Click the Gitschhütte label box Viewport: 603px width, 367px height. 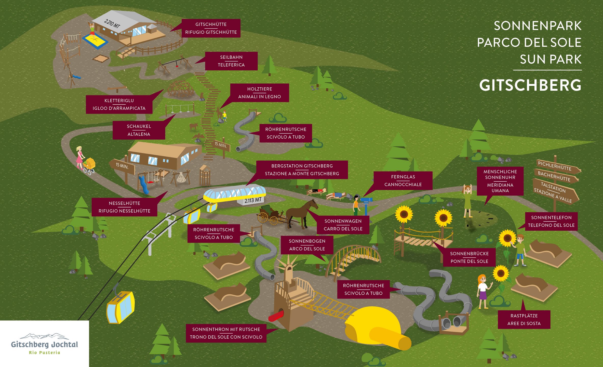[x=211, y=28]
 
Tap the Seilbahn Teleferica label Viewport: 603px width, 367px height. [x=231, y=61]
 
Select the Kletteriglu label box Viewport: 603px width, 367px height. [x=119, y=104]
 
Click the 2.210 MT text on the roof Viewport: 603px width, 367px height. [x=112, y=24]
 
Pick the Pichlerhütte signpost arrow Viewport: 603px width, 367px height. [x=557, y=167]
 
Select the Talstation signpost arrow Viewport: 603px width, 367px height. [x=555, y=191]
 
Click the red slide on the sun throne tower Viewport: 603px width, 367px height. [x=276, y=315]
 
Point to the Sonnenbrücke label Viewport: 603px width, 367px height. [x=469, y=257]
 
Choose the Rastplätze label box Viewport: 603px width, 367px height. [x=524, y=319]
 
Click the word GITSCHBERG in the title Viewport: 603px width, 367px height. [x=530, y=85]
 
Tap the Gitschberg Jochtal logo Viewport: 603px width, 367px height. [x=44, y=344]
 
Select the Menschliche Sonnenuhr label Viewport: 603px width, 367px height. [x=500, y=181]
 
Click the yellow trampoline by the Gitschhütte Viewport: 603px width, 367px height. [x=95, y=41]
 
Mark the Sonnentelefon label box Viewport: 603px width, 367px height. [x=551, y=221]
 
